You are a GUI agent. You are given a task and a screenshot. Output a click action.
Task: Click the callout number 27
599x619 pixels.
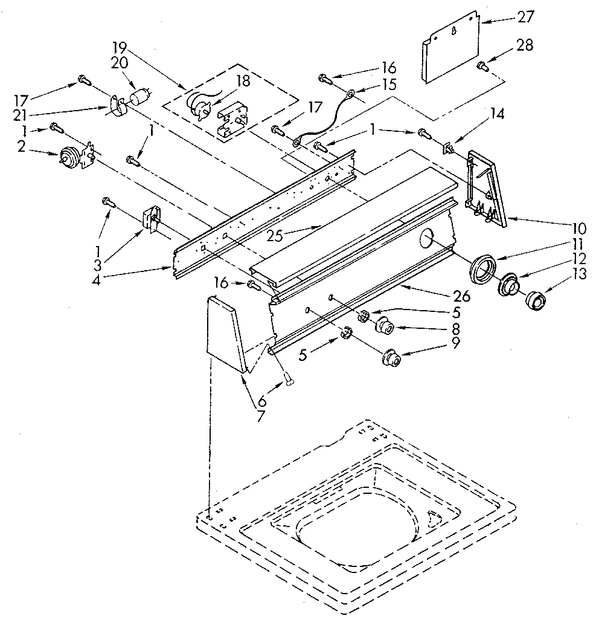(x=525, y=17)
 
